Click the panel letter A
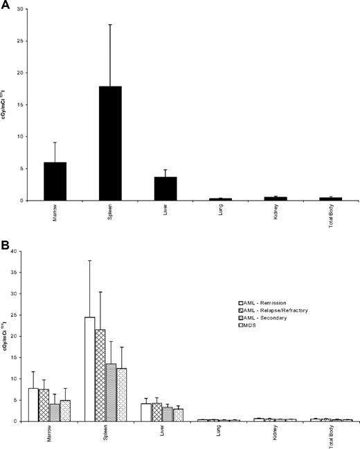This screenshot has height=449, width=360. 6,5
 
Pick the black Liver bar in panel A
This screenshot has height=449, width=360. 165,188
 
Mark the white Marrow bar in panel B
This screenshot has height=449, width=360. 33,404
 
